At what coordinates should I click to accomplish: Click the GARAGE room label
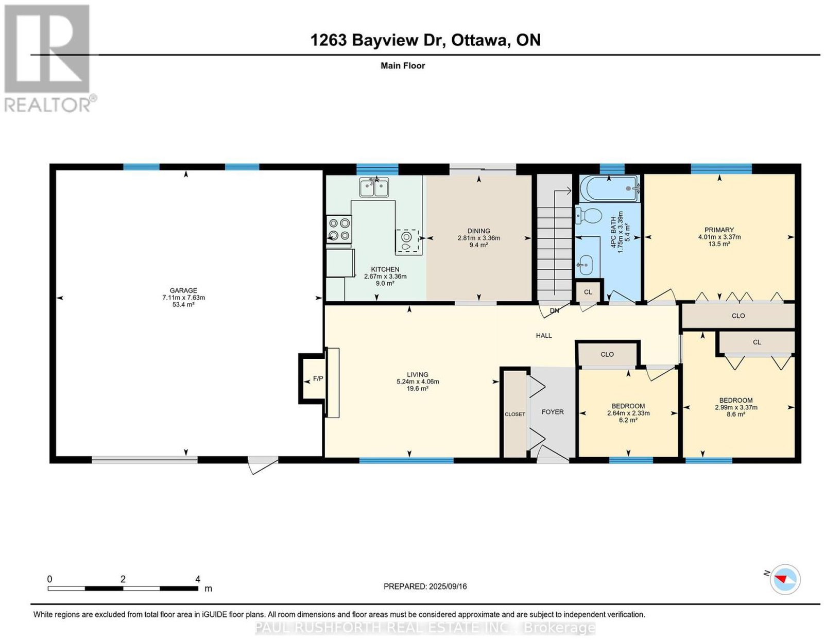[x=183, y=290]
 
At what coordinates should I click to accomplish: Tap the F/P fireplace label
[x=318, y=378]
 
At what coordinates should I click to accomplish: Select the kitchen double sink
[x=374, y=187]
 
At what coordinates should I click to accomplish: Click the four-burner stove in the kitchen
[x=339, y=229]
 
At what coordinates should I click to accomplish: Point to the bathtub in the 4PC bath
[x=610, y=188]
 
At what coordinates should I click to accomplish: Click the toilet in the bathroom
[x=588, y=216]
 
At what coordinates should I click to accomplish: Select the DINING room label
[x=478, y=231]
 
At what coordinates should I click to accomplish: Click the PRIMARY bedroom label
[x=719, y=230]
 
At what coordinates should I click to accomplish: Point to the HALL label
[x=544, y=335]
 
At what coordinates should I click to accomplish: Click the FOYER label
[x=553, y=412]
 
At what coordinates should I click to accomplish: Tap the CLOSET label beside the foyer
[x=515, y=414]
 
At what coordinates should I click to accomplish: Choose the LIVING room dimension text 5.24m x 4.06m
[x=418, y=382]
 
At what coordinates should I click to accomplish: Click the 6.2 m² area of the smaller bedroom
[x=628, y=420]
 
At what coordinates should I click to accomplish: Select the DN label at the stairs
[x=554, y=310]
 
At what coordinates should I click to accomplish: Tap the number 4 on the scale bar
[x=198, y=579]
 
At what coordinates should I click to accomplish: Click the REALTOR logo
[x=49, y=59]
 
